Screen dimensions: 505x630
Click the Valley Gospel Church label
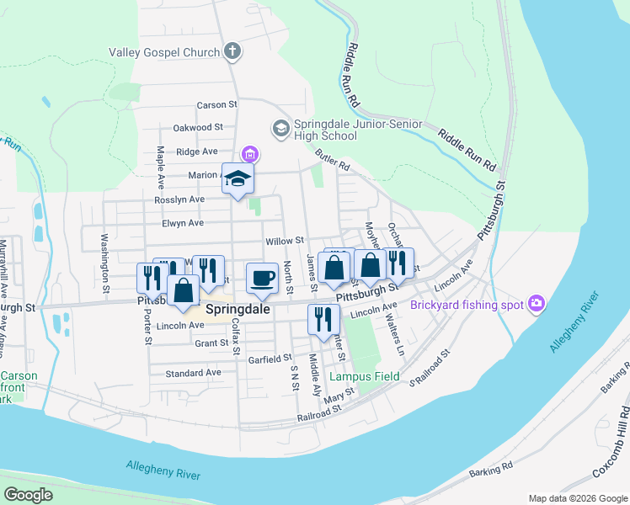point(164,52)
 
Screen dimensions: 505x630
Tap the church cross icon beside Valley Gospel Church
point(232,52)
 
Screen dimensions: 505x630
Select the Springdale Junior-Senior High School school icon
point(280,129)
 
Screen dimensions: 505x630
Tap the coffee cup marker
point(263,279)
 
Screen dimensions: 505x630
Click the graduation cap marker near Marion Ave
point(238,179)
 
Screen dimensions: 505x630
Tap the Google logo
point(28,495)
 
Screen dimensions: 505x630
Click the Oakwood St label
point(197,128)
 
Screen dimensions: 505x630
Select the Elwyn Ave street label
point(184,223)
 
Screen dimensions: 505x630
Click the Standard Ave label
point(193,373)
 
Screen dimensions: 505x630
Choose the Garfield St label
point(270,359)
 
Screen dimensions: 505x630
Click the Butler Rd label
point(332,160)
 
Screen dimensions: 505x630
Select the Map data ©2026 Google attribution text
point(576,497)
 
